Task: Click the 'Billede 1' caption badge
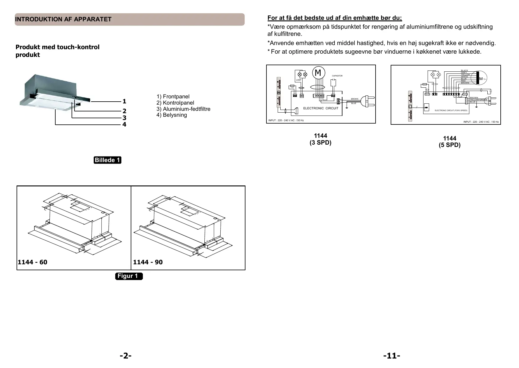click(x=107, y=160)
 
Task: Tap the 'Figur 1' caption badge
click(x=128, y=276)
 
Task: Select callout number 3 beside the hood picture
click(x=125, y=118)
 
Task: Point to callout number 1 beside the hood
click(x=125, y=101)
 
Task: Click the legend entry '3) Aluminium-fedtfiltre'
click(x=183, y=109)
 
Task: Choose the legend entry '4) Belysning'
click(x=172, y=115)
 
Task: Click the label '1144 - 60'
click(x=33, y=262)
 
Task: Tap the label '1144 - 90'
click(x=148, y=262)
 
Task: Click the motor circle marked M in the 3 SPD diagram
click(x=318, y=73)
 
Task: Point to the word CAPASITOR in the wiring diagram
click(x=337, y=76)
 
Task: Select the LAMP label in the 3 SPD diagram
click(x=299, y=80)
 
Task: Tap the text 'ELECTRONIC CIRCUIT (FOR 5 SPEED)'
click(x=451, y=111)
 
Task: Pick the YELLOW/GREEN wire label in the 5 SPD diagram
click(x=478, y=100)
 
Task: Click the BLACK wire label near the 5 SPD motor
click(x=464, y=71)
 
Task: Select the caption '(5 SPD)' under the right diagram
click(x=450, y=145)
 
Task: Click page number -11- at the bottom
click(x=392, y=356)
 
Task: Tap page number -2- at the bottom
click(x=126, y=356)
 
